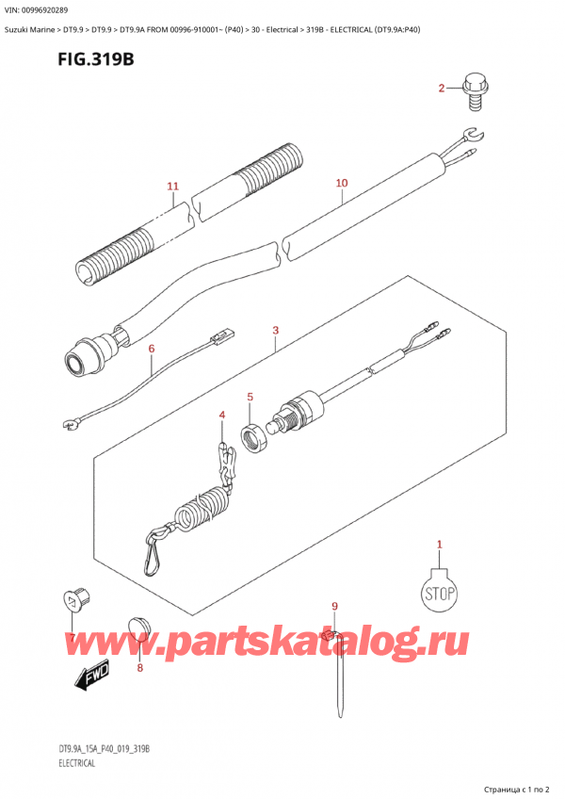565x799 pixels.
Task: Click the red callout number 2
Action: click(442, 89)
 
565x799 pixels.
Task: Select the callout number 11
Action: click(173, 186)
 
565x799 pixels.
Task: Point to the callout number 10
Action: click(342, 183)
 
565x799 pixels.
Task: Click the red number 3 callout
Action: click(276, 330)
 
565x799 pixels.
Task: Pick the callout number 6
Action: click(152, 349)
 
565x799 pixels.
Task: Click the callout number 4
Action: click(222, 416)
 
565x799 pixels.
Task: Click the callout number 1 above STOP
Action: click(440, 545)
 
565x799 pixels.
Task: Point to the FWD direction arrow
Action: click(92, 679)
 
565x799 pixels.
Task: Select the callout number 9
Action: click(334, 606)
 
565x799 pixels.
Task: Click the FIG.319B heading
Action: click(96, 59)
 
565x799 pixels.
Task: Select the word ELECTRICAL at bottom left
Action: click(76, 763)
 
